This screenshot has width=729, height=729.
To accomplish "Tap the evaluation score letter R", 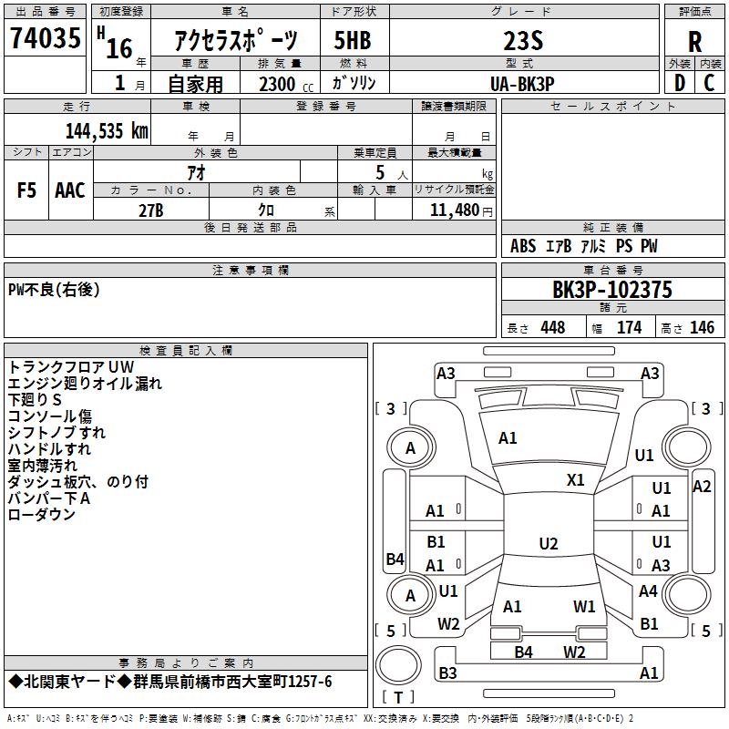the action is [x=694, y=41].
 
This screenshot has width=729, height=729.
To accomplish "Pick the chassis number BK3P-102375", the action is [x=612, y=290].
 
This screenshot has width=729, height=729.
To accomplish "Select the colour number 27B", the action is [x=151, y=210].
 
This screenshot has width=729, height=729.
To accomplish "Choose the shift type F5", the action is [x=27, y=190].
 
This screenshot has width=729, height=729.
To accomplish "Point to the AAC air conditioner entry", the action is [x=70, y=190].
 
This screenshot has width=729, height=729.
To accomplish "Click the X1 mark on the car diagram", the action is [x=576, y=480].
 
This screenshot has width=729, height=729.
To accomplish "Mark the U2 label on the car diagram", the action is [x=548, y=544].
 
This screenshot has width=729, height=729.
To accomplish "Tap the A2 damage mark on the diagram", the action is [x=702, y=487].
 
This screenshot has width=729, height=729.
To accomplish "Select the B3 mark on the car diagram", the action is [x=447, y=673].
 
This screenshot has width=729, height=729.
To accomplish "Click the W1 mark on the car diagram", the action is [x=584, y=606].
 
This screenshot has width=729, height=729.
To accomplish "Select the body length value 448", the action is [x=552, y=328].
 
